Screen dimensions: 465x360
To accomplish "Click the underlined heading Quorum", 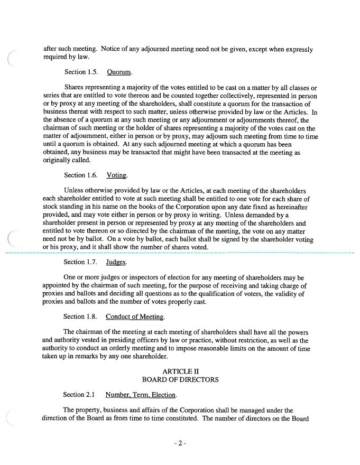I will [x=118, y=71].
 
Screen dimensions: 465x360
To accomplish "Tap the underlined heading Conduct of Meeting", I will [x=135, y=317].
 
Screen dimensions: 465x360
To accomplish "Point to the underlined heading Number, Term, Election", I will [x=141, y=394].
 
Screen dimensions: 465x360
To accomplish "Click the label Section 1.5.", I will [x=81, y=71].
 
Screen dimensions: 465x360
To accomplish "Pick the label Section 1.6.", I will [x=81, y=175].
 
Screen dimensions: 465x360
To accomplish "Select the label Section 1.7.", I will [x=81, y=262].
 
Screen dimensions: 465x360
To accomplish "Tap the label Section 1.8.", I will [x=81, y=317].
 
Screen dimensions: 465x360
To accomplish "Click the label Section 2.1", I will [x=80, y=394].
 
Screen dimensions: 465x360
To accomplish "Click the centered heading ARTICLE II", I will [x=180, y=371].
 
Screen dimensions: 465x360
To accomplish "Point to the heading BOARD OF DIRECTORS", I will [x=180, y=379].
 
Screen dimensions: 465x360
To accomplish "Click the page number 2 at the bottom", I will [x=180, y=443].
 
